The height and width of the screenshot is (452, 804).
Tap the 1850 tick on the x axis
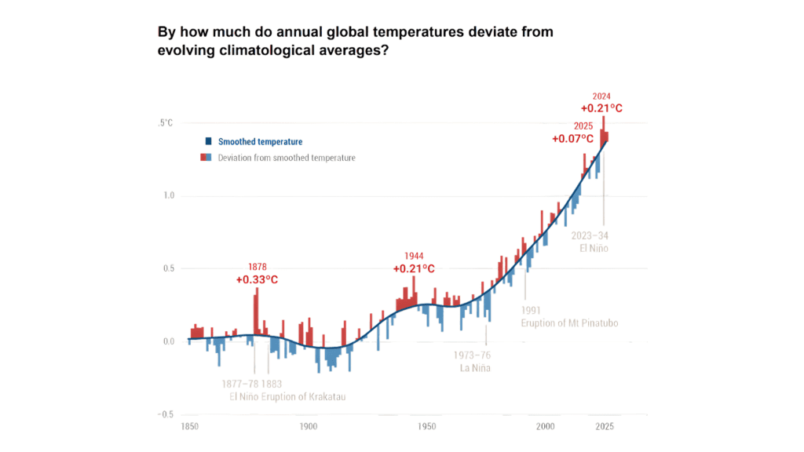pos(188,427)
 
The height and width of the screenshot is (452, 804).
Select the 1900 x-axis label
pos(308,427)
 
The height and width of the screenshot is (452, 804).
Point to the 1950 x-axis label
pos(427,427)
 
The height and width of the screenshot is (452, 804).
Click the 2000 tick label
pos(546,427)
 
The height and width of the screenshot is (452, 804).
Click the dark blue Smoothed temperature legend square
pos(208,142)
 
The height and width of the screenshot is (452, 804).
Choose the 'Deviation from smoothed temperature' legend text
pos(287,158)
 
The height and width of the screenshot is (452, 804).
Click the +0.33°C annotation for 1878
pos(257,280)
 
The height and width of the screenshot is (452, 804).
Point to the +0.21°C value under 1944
pos(414,269)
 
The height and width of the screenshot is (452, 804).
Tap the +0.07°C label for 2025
pos(572,139)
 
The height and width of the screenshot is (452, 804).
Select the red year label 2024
pos(601,97)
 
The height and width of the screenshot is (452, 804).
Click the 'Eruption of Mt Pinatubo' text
pos(566,323)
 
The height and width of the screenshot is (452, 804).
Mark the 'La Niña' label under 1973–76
pos(475,367)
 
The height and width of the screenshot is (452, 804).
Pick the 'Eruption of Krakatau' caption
pos(306,397)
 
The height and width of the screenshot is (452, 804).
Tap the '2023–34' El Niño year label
pos(590,235)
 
